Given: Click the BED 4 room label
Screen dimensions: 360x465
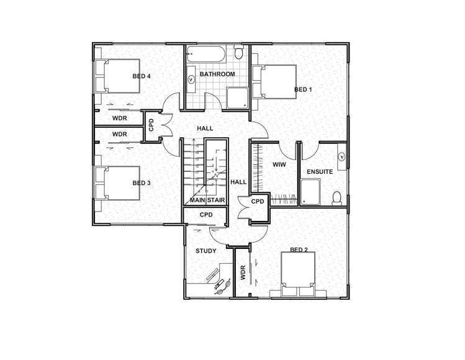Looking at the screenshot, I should [x=142, y=76].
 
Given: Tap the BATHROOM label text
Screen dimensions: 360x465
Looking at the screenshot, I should [x=217, y=74].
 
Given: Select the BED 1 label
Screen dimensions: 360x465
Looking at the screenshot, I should [x=303, y=90].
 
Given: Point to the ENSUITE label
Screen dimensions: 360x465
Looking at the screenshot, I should [x=320, y=171].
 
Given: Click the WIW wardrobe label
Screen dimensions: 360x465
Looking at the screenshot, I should [x=278, y=164].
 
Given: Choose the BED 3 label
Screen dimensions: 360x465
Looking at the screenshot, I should [x=142, y=183].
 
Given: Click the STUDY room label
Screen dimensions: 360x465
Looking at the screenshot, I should [x=205, y=251].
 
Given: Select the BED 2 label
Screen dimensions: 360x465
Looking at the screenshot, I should [x=299, y=250].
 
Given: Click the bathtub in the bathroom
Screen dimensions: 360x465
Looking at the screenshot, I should [x=207, y=54].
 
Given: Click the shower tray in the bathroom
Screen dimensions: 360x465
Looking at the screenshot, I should [x=236, y=98].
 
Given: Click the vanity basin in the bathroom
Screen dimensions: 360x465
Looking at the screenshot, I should [x=191, y=79].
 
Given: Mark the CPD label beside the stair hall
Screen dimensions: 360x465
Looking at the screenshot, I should [x=258, y=202].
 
